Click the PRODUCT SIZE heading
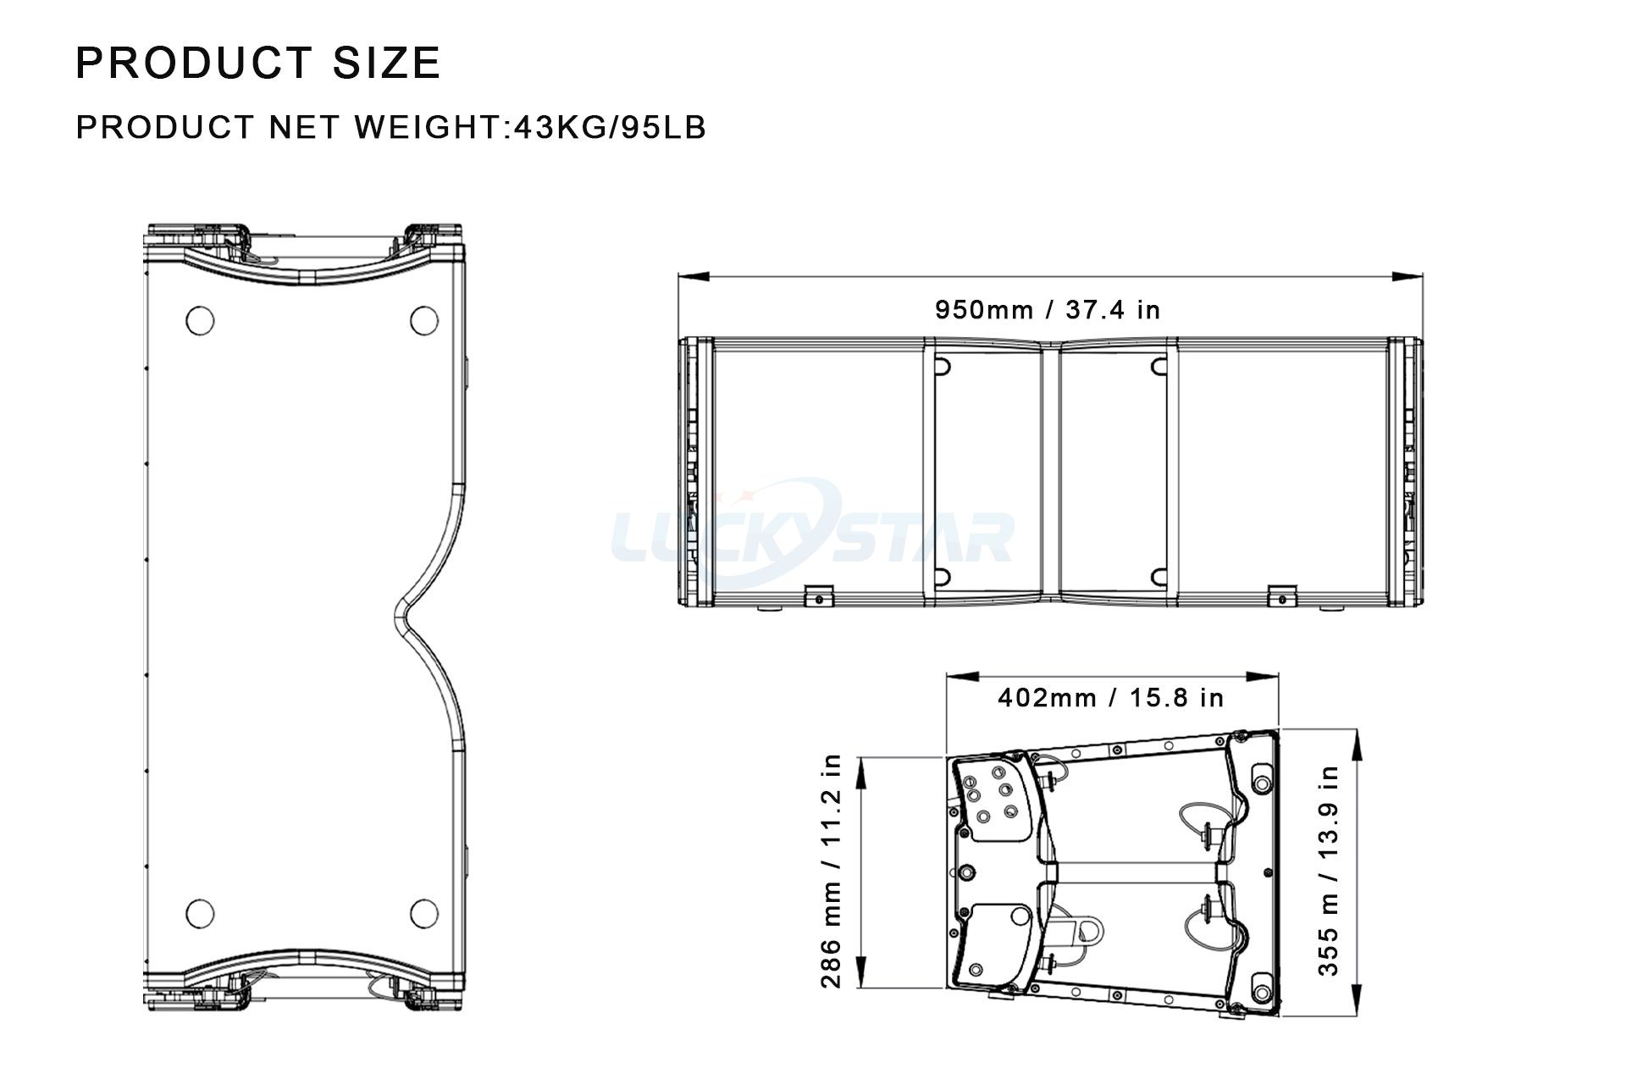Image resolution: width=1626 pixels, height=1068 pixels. (x=258, y=63)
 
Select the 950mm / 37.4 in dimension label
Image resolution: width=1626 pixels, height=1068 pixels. (x=1048, y=310)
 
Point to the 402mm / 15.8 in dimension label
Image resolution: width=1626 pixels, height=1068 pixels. (x=1111, y=698)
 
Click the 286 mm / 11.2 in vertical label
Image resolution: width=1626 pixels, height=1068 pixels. (x=832, y=872)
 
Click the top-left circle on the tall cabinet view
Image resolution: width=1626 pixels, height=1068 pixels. (x=200, y=321)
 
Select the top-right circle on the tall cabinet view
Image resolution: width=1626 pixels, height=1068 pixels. (x=424, y=321)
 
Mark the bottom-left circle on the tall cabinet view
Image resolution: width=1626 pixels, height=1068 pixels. (x=200, y=913)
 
